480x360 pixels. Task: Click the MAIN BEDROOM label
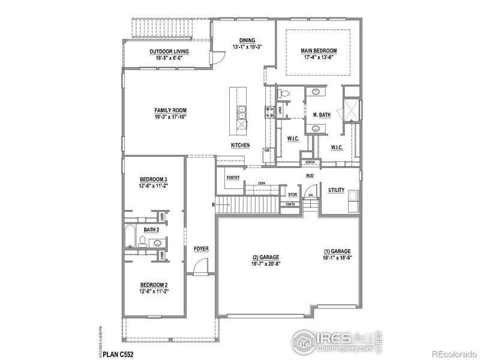(319, 51)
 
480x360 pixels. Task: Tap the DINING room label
(247, 40)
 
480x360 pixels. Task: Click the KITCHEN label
(241, 146)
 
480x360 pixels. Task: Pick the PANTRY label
(233, 178)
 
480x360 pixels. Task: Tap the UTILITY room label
(336, 190)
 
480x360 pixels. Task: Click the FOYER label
(200, 248)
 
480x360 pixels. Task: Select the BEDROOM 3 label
(153, 179)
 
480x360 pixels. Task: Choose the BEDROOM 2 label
(153, 284)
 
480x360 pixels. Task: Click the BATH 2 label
(151, 230)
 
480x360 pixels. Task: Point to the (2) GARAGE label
(265, 257)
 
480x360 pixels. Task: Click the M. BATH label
(322, 115)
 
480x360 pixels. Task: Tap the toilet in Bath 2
(143, 242)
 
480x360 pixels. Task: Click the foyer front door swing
(202, 266)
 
